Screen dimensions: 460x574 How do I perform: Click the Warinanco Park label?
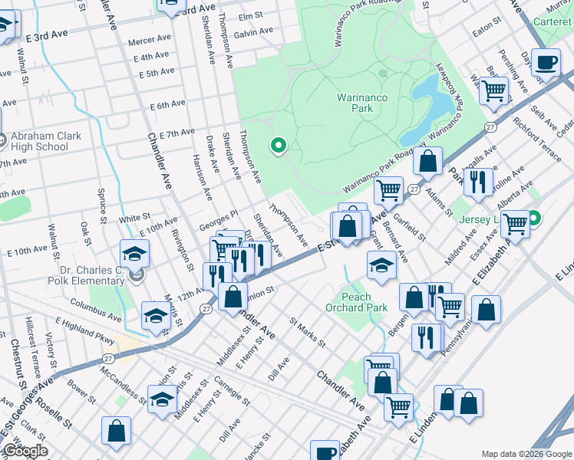[355, 103]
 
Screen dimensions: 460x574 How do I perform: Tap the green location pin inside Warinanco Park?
[279, 144]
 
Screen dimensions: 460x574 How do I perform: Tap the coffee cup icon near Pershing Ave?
[546, 62]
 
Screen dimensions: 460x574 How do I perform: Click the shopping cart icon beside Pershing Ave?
[494, 90]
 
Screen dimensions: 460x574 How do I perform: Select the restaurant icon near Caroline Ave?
[477, 182]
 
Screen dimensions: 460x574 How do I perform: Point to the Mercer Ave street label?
[150, 39]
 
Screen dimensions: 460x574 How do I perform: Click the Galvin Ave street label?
[253, 32]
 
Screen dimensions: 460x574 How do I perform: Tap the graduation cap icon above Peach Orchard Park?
[381, 265]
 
